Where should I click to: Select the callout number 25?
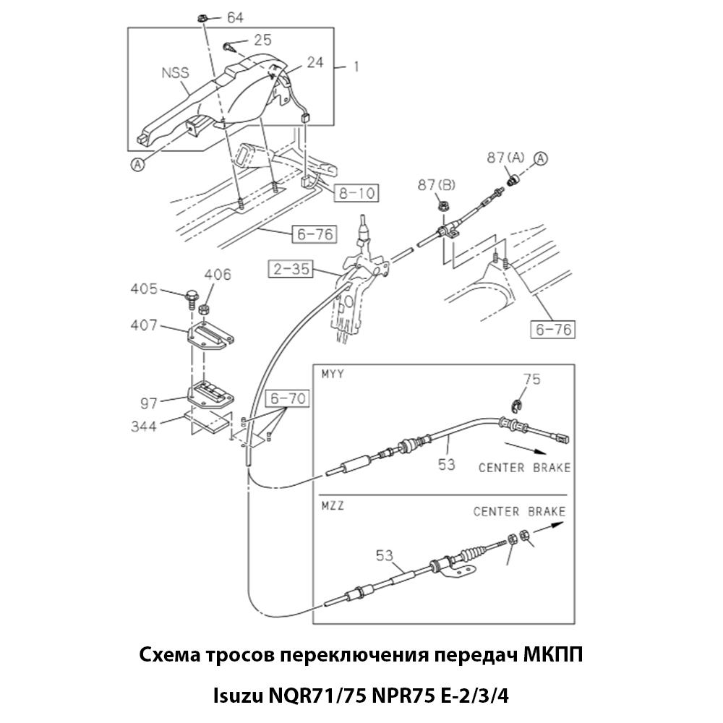[x=262, y=40]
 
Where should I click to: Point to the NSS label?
[x=176, y=72]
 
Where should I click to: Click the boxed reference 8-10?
[x=356, y=193]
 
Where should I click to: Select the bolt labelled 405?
[x=192, y=295]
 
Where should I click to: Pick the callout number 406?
[x=218, y=275]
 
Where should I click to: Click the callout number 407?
[x=143, y=325]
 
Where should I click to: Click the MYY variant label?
[x=333, y=375]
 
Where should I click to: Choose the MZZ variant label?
[x=333, y=506]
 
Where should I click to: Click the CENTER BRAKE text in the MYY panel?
[x=523, y=468]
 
